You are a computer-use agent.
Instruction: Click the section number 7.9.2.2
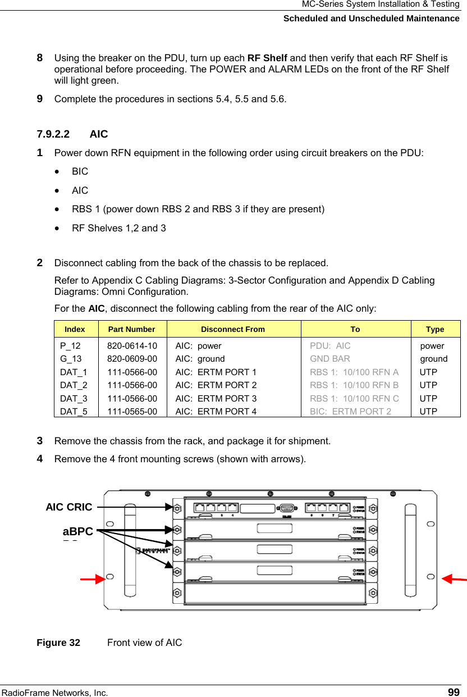click(53, 134)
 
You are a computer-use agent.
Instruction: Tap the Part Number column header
click(132, 329)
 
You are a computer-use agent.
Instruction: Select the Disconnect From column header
click(233, 329)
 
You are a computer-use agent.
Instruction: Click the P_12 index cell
click(70, 346)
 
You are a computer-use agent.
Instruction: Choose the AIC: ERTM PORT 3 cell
click(216, 398)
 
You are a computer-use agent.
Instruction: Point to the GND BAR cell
click(329, 359)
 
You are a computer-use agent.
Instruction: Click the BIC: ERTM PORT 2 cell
click(351, 411)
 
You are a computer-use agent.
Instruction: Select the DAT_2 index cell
click(74, 385)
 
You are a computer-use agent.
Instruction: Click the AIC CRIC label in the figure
click(69, 507)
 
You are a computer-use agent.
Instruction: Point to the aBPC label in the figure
click(77, 531)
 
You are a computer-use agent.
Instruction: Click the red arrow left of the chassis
click(93, 578)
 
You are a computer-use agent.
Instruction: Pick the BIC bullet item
click(80, 171)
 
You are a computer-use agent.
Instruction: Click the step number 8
click(40, 57)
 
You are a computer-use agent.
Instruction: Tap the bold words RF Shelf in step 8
click(267, 58)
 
